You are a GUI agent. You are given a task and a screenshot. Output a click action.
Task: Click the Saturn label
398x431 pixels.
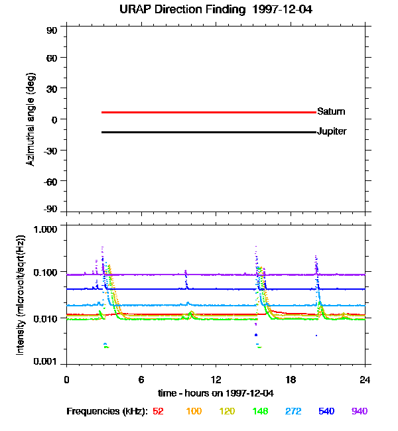[x=331, y=111]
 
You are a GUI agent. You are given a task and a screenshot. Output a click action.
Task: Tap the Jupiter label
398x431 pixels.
[x=332, y=131]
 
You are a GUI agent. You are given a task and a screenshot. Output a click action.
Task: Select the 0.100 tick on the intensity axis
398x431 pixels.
[x=47, y=273]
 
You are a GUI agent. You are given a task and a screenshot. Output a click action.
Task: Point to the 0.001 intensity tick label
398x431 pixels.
[x=47, y=362]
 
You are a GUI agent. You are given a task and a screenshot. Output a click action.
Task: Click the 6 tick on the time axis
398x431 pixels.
[x=141, y=379]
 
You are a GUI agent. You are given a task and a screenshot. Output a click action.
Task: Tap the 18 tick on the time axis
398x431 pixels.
[x=291, y=379]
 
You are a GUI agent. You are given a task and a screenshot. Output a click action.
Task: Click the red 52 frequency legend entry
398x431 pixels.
[x=158, y=412]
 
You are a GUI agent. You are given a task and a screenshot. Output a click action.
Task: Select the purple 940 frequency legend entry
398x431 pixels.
[x=360, y=412]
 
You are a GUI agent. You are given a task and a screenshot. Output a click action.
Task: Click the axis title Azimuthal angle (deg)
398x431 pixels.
[x=31, y=119]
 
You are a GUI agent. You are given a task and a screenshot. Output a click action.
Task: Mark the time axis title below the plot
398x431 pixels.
[x=216, y=394]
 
